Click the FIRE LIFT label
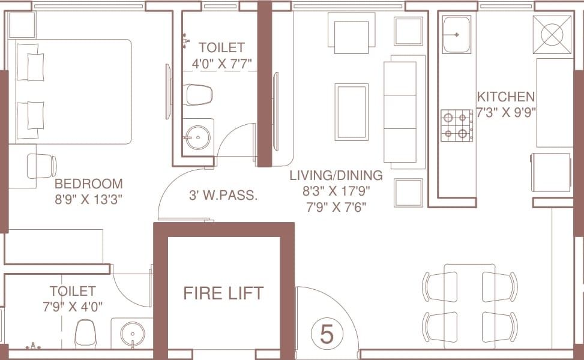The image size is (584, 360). (223, 293)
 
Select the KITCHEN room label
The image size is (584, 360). (506, 97)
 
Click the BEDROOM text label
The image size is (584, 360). (89, 184)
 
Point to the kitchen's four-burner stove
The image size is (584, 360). (457, 125)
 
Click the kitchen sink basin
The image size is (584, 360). (456, 35)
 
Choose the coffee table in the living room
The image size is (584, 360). (351, 112)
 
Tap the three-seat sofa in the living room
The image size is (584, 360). (404, 112)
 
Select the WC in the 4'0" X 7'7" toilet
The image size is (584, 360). (198, 95)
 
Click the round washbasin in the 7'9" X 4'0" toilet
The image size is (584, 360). (133, 335)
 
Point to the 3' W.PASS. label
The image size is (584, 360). (223, 195)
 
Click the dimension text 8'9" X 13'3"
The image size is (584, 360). (89, 199)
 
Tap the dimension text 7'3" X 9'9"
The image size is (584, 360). (506, 112)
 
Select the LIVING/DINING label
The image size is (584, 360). (336, 175)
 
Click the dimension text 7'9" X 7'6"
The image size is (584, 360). (336, 206)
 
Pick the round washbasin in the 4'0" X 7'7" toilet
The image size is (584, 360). (198, 138)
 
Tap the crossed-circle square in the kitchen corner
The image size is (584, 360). (552, 35)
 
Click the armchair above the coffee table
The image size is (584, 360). (351, 34)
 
